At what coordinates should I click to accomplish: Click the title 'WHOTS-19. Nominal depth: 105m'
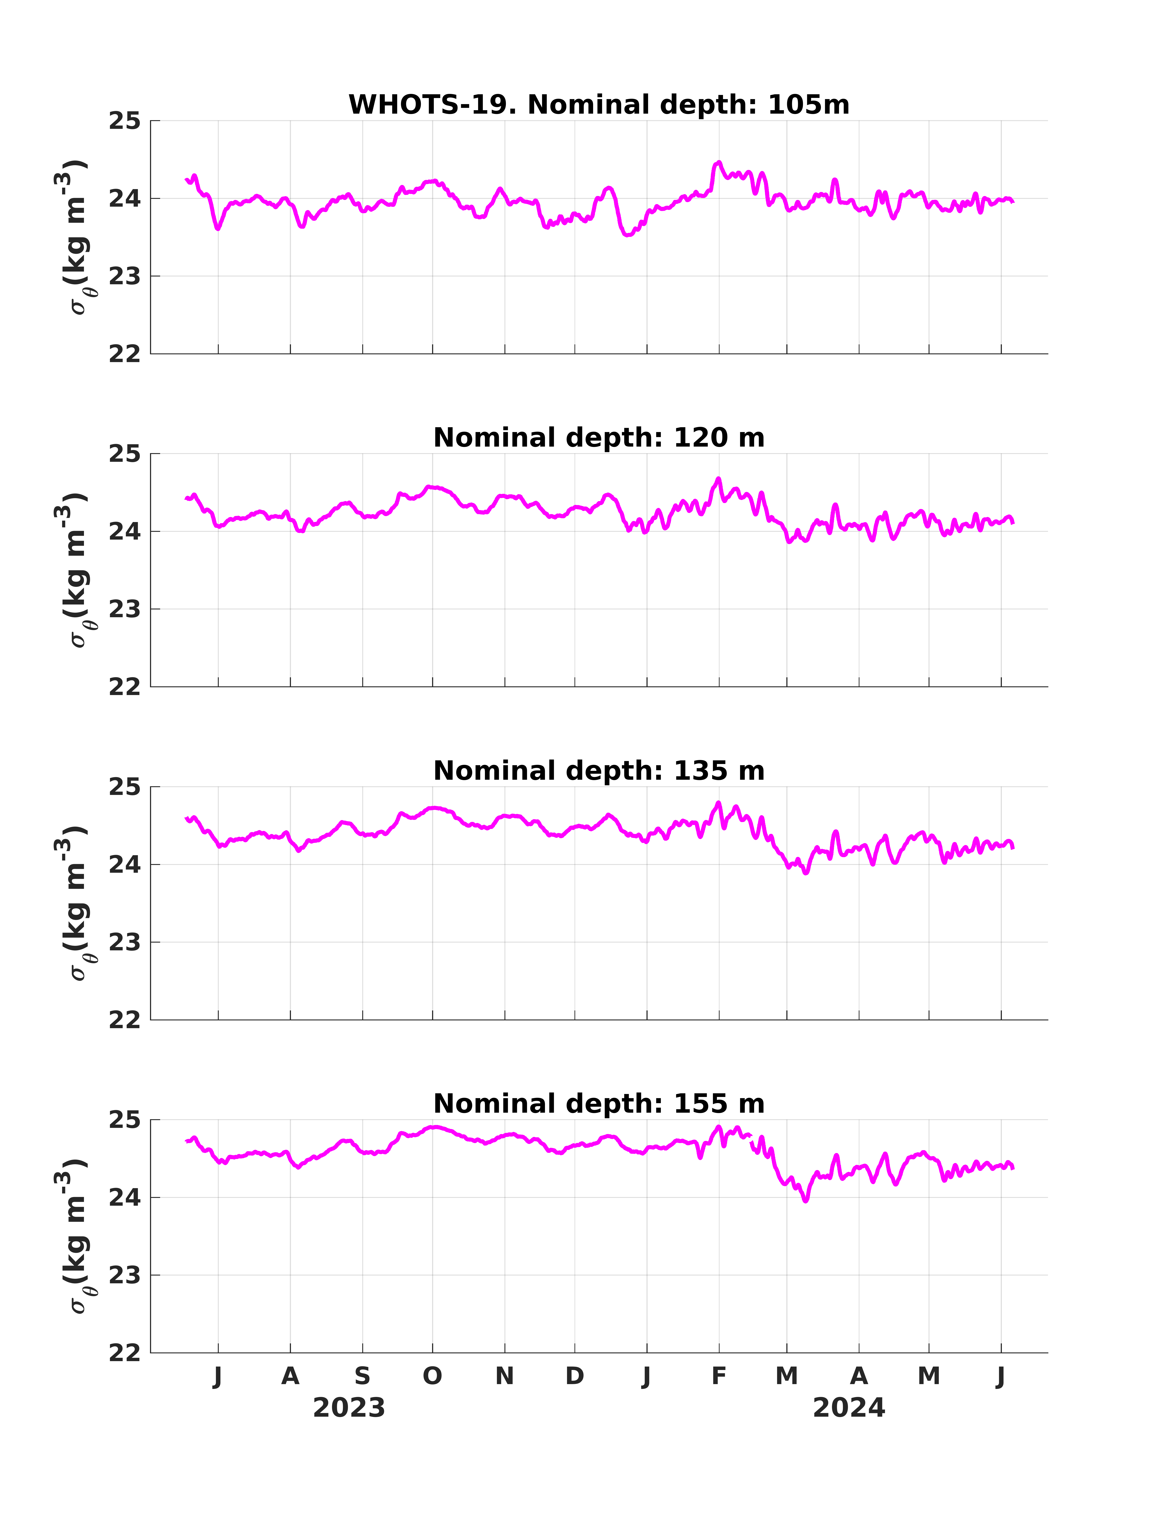click(x=599, y=105)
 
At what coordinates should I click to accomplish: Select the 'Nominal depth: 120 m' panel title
click(x=599, y=438)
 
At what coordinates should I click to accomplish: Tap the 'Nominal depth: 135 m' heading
click(x=599, y=771)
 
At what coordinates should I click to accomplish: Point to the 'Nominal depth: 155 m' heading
click(x=599, y=1104)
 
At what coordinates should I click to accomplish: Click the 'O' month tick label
click(x=432, y=1376)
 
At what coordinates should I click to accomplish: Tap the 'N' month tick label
click(x=505, y=1376)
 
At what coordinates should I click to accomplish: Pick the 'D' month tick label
click(x=575, y=1376)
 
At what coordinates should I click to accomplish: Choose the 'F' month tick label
click(x=719, y=1376)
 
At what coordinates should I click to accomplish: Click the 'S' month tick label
click(x=363, y=1376)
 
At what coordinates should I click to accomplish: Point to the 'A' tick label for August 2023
click(x=290, y=1376)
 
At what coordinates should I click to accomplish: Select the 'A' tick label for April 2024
click(x=859, y=1376)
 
